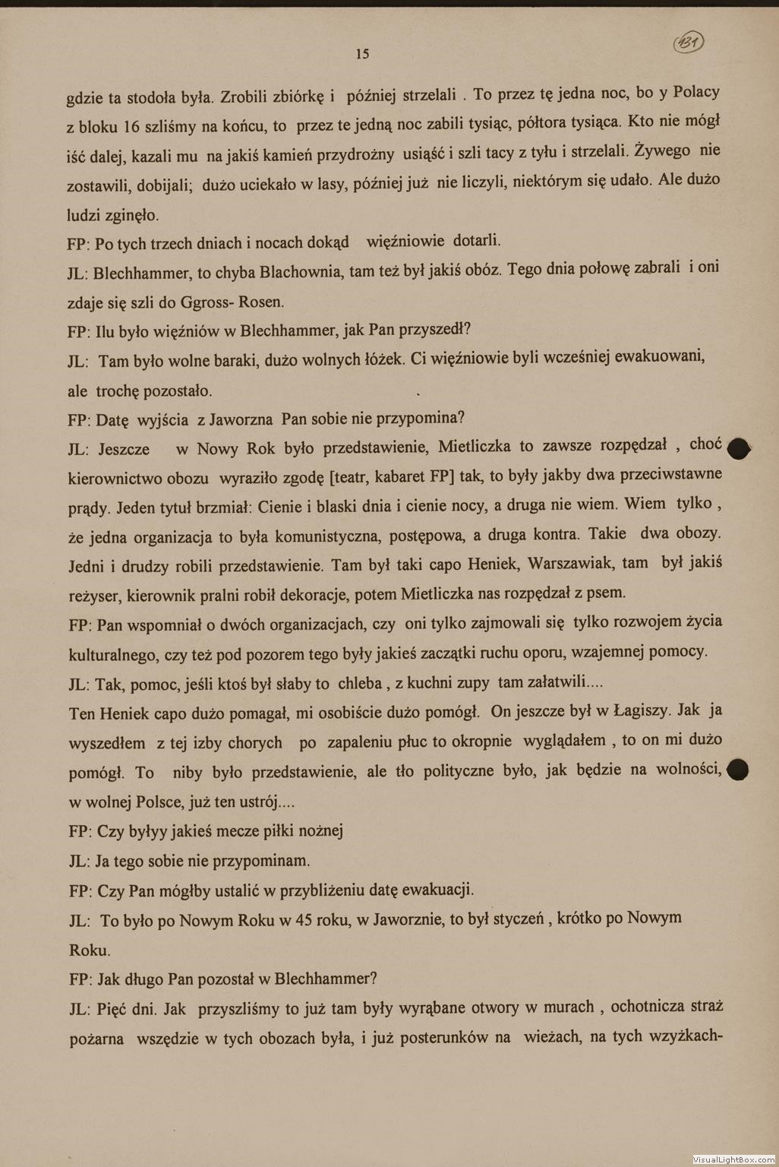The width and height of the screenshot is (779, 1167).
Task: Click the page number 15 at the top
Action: pos(362,54)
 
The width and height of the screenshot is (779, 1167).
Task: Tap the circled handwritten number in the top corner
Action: pos(688,44)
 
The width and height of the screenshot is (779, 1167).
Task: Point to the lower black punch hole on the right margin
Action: pos(738,770)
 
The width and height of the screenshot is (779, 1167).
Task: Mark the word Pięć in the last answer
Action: pos(112,1009)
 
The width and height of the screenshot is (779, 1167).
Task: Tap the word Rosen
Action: pos(261,302)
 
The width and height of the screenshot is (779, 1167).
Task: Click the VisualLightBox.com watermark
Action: pos(733,1159)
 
